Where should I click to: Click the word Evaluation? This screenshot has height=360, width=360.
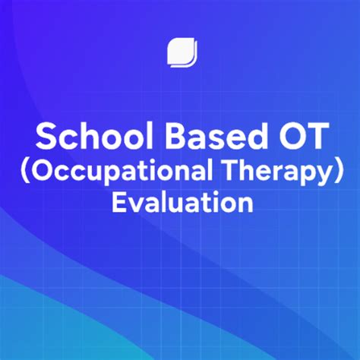(x=181, y=203)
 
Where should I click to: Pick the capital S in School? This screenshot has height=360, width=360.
(x=47, y=137)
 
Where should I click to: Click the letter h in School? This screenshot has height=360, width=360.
(x=84, y=137)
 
